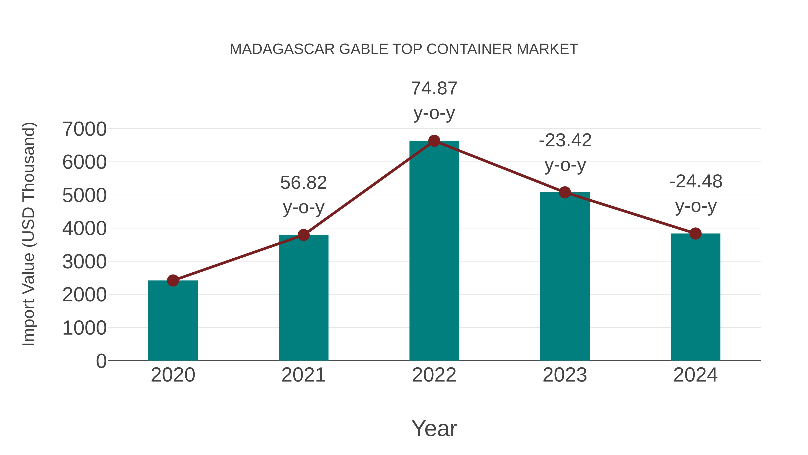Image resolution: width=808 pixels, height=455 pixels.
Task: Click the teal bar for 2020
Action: pos(173,320)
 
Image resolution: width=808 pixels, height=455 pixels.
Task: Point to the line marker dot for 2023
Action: pos(565,192)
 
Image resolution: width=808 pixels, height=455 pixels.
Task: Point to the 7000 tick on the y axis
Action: pos(84,129)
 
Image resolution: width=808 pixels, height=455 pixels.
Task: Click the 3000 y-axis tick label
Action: pos(84,262)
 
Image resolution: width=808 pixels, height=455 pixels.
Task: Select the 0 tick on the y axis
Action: pos(101,361)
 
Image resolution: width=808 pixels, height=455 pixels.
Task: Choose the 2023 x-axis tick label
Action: pos(565,375)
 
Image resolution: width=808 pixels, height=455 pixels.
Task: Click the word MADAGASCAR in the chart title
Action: pos(282,49)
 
